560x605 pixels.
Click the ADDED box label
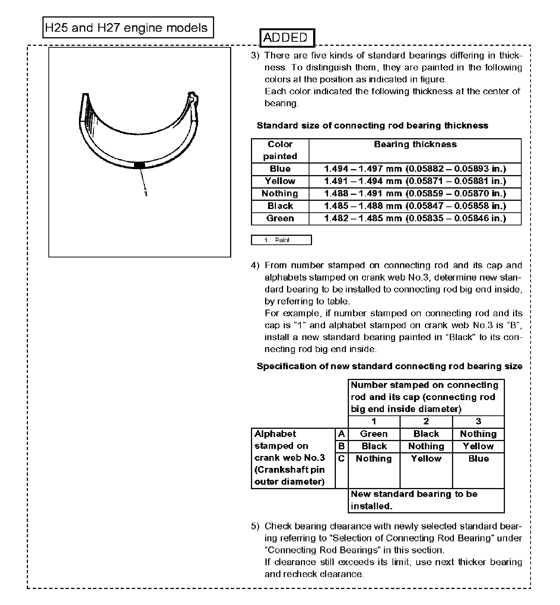[287, 38]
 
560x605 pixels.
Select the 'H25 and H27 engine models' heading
[128, 28]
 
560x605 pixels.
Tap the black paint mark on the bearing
[139, 165]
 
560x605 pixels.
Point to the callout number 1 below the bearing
[146, 194]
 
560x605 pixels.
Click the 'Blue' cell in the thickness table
[280, 169]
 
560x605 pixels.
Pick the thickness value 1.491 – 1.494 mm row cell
[415, 181]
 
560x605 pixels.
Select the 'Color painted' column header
[280, 150]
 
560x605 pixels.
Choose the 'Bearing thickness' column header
[415, 145]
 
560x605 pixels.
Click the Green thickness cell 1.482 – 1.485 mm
[415, 218]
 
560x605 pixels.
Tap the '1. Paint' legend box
[281, 240]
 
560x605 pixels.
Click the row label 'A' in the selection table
[341, 434]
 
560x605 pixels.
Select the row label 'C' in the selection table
[341, 459]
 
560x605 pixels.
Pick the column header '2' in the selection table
[426, 421]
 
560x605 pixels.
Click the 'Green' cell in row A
[374, 434]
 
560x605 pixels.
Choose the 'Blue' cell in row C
[478, 459]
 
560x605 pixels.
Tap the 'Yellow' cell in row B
[478, 446]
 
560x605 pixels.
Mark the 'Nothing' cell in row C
[374, 459]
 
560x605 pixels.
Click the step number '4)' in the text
[255, 266]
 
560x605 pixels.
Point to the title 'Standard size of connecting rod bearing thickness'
[372, 126]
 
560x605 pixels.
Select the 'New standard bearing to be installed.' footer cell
[426, 500]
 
